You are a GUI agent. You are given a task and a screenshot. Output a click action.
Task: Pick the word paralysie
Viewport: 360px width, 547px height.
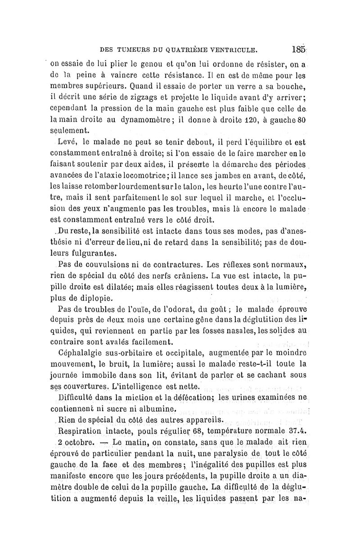pos(225,453)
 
